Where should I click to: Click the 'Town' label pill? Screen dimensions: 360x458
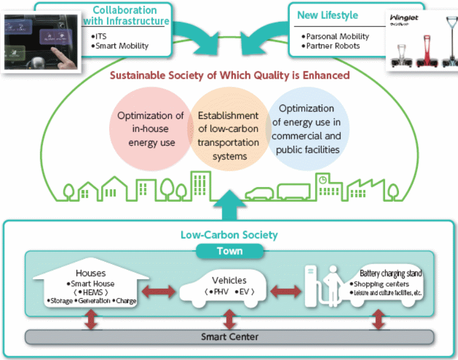[229, 251]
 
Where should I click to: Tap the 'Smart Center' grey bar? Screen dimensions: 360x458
[229, 336]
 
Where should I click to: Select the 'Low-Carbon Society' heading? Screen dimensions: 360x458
[229, 235]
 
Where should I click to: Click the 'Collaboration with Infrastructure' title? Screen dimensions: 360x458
[125, 16]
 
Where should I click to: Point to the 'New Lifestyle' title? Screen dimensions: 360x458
[327, 16]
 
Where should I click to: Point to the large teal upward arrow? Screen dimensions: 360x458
[229, 204]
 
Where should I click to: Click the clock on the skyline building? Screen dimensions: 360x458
[323, 180]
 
